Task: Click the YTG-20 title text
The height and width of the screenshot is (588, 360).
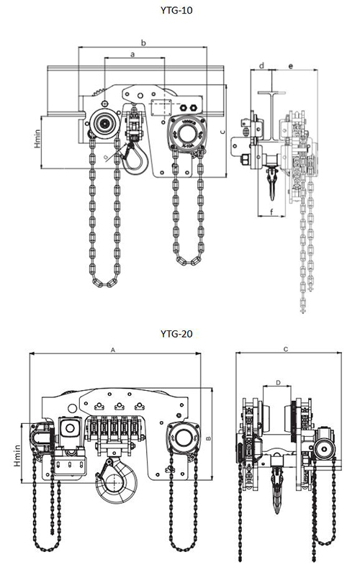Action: click(x=179, y=334)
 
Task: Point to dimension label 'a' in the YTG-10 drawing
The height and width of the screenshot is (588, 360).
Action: click(x=133, y=54)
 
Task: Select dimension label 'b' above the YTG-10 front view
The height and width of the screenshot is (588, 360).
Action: click(x=143, y=43)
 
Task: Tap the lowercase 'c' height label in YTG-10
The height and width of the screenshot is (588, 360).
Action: click(x=224, y=131)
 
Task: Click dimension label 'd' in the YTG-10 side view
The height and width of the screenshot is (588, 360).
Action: click(x=262, y=65)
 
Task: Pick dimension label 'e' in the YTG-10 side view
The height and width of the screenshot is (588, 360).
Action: click(x=290, y=65)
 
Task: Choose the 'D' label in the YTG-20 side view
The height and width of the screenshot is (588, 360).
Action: click(x=278, y=383)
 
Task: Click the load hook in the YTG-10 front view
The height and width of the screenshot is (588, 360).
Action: click(x=133, y=160)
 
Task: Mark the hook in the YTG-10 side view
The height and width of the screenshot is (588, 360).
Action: click(x=272, y=184)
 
